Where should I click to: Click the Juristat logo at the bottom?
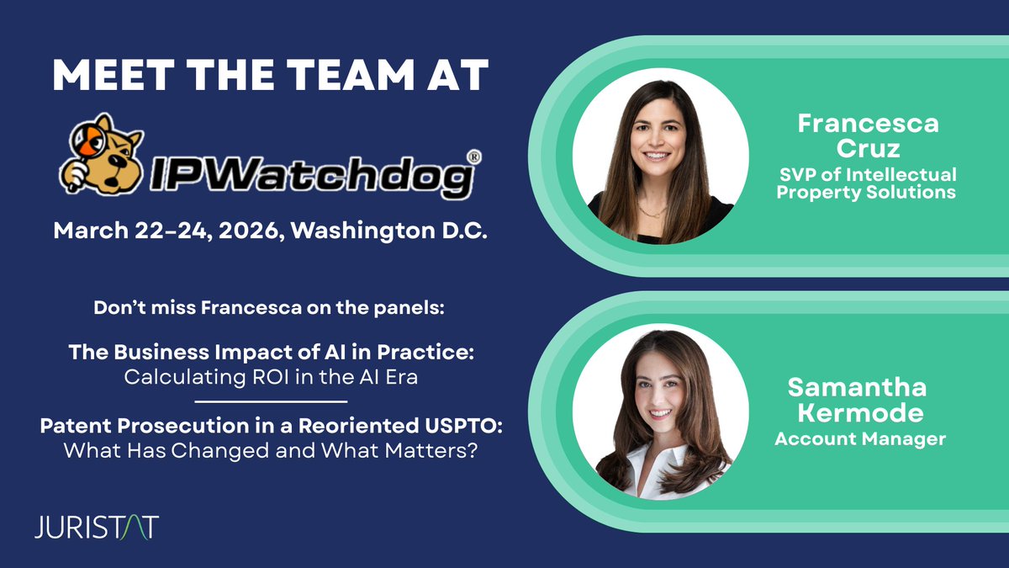pyautogui.click(x=97, y=528)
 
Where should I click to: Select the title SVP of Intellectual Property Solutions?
pyautogui.click(x=866, y=183)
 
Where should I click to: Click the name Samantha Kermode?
pyautogui.click(x=857, y=400)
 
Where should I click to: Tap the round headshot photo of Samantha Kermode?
pyautogui.click(x=660, y=413)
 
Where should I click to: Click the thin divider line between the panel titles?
pyautogui.click(x=271, y=401)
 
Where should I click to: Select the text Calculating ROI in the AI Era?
pyautogui.click(x=271, y=377)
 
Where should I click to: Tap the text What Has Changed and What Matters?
pyautogui.click(x=271, y=450)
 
